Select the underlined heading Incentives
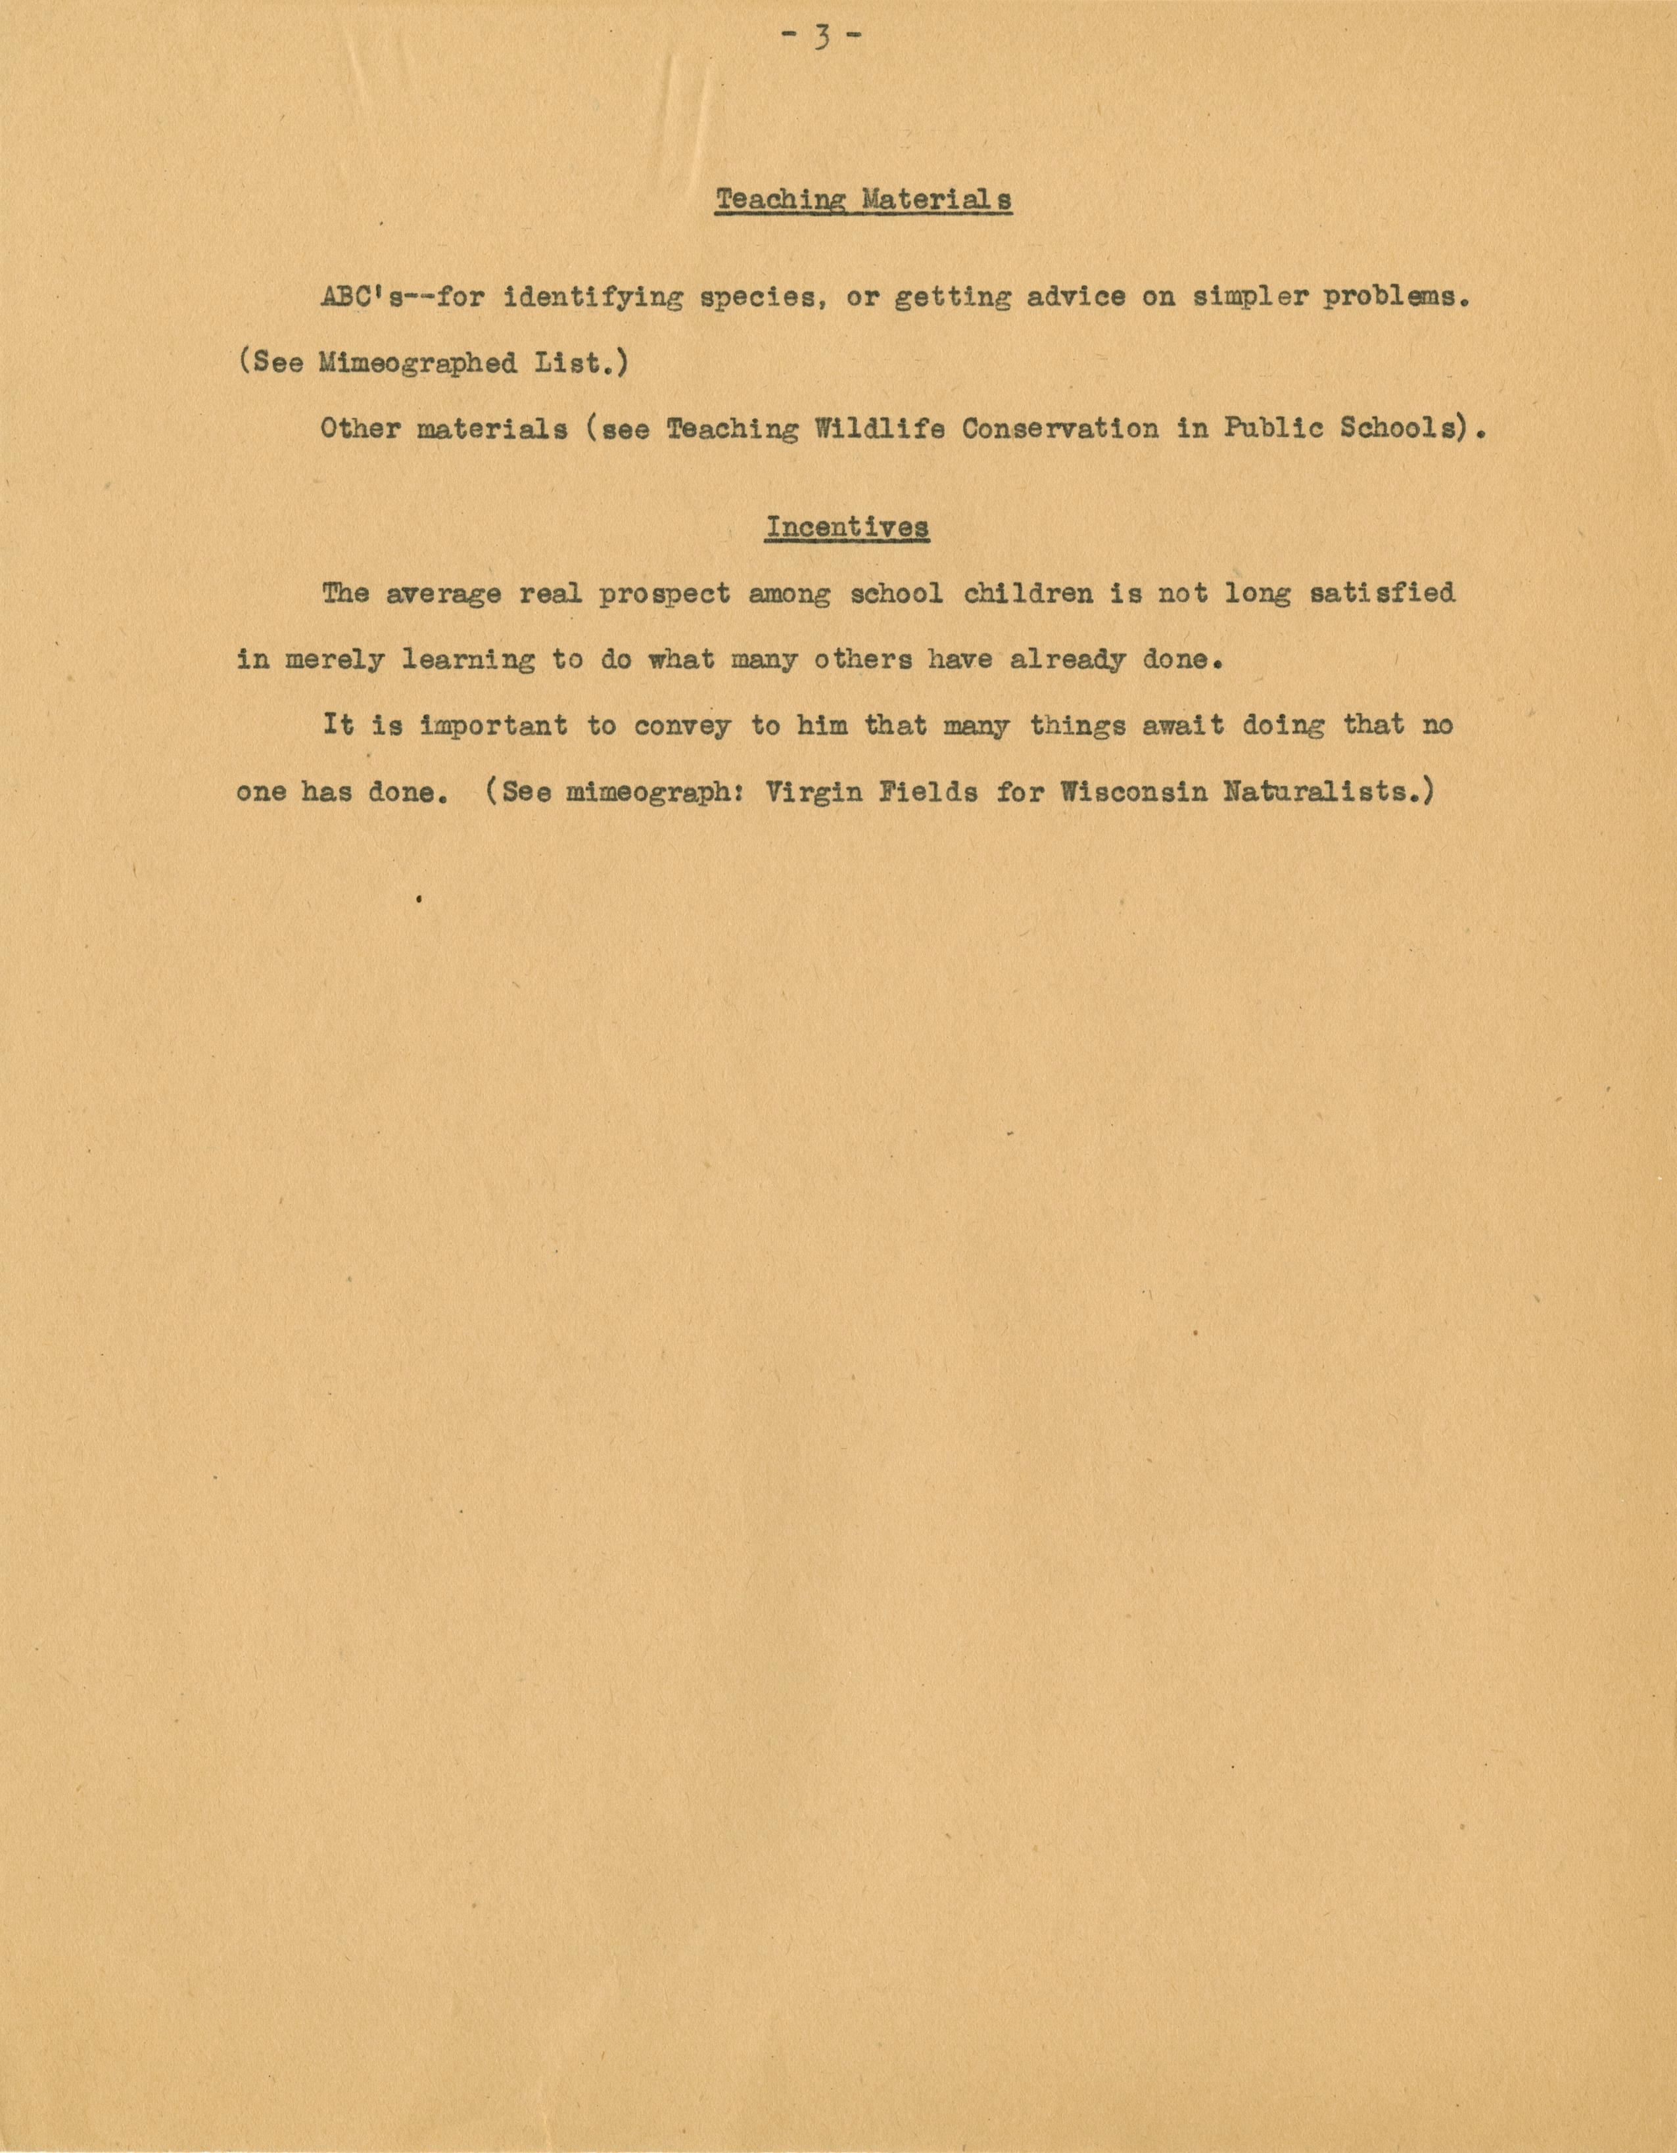847,527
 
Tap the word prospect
665,593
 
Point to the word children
1027,593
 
